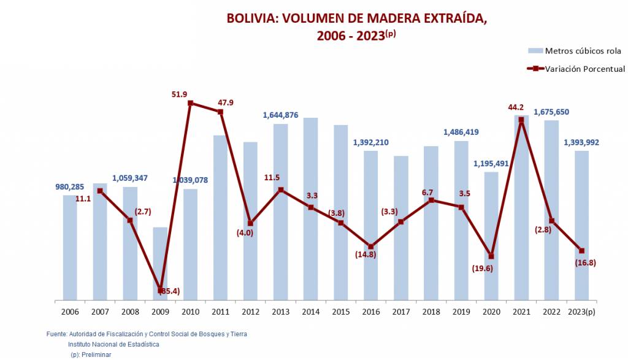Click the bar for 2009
point(160,264)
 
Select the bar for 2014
point(310,209)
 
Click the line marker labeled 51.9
point(191,103)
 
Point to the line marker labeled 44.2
point(521,120)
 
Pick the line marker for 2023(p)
point(581,250)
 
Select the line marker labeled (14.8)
point(371,247)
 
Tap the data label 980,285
point(70,187)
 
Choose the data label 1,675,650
point(551,112)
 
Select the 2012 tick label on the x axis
point(250,312)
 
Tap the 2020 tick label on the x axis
point(491,312)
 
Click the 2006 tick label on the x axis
point(70,312)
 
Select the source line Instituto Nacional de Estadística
point(113,345)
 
